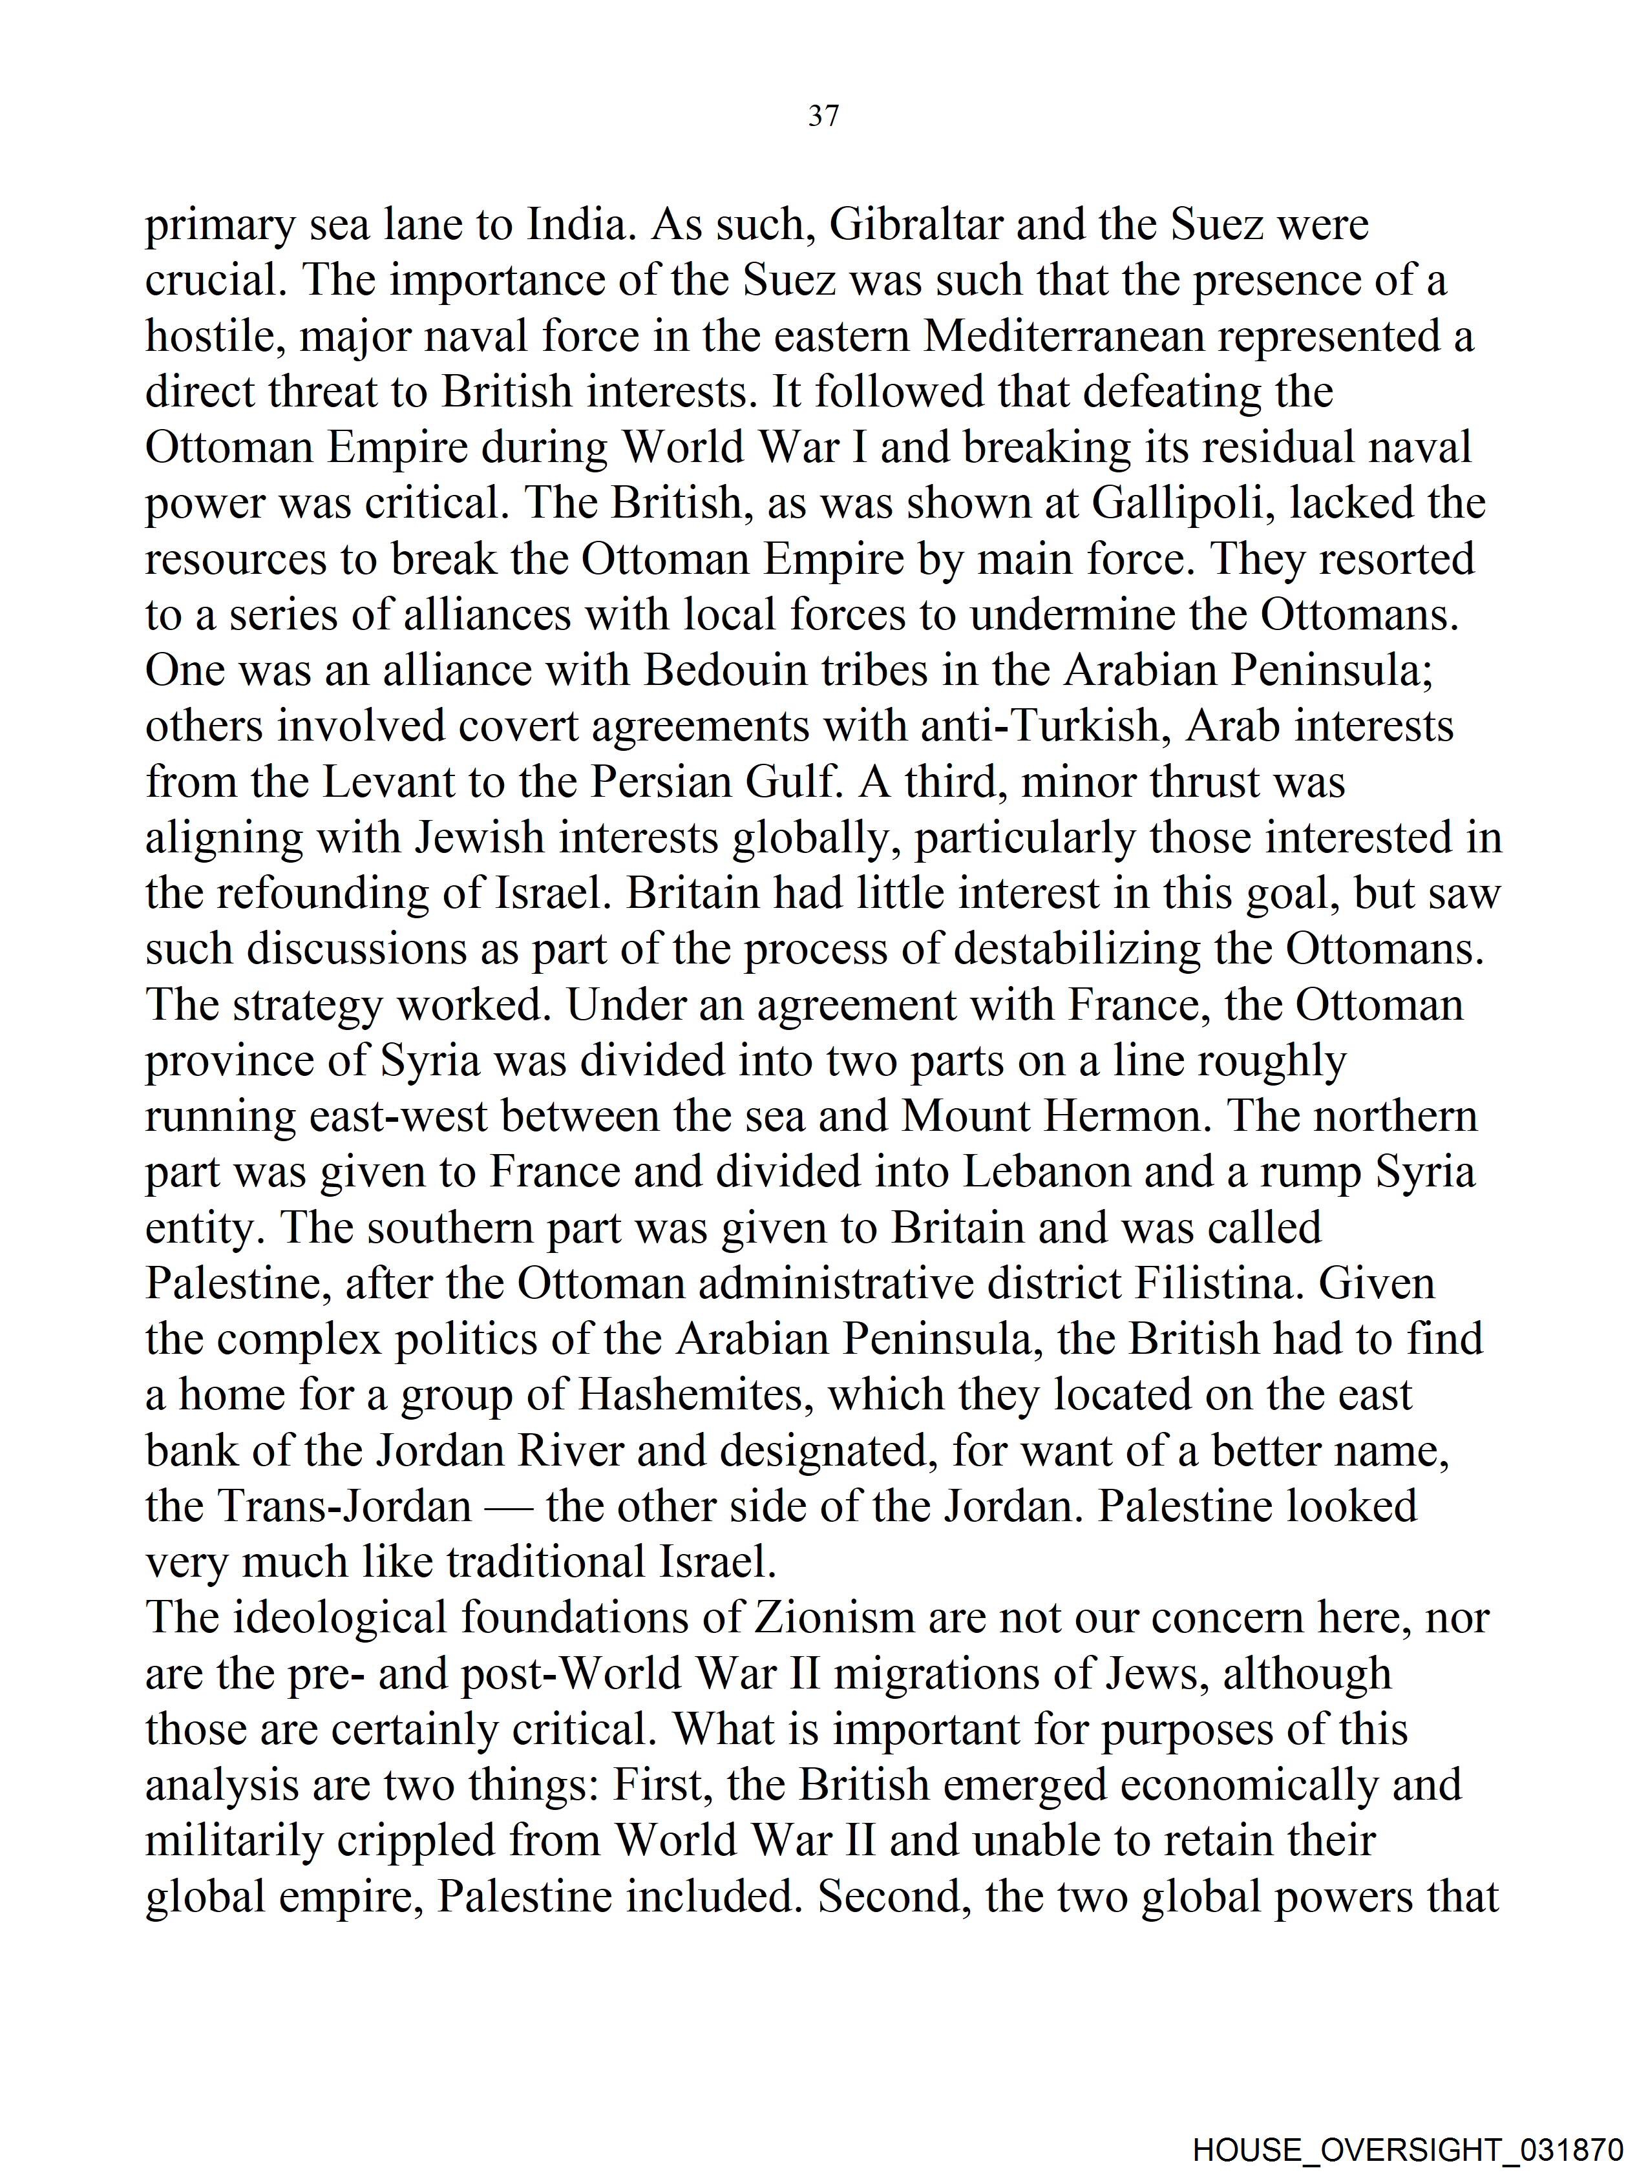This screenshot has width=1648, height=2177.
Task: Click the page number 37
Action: (823, 116)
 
